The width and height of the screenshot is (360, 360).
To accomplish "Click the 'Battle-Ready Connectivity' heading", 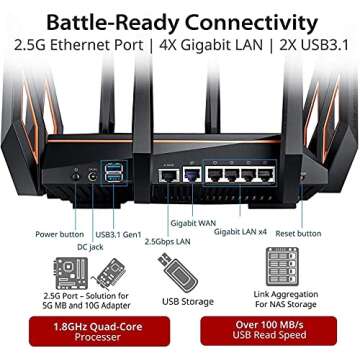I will (180, 19).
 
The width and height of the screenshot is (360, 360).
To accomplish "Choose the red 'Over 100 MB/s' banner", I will (273, 330).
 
